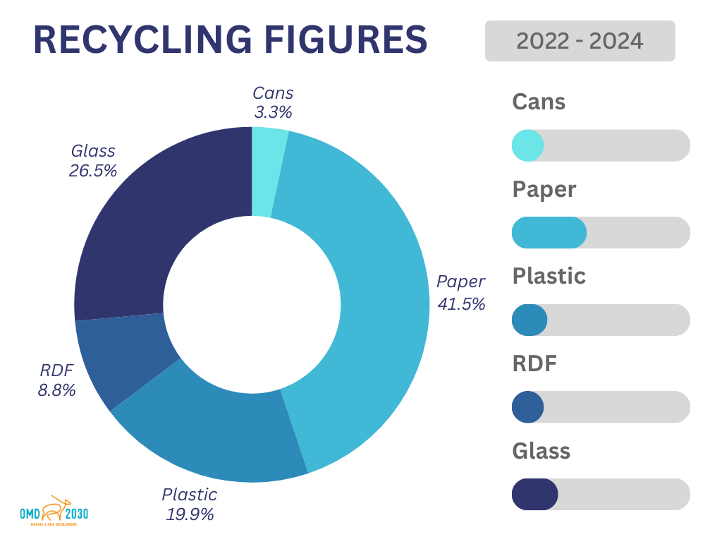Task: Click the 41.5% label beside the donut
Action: [461, 304]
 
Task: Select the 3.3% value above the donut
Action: [273, 112]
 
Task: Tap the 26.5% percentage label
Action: [93, 170]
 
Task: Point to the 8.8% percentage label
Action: [56, 390]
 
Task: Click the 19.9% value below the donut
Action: [190, 514]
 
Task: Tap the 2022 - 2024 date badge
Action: [580, 41]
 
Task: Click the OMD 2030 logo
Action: [54, 512]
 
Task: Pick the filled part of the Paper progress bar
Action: [549, 232]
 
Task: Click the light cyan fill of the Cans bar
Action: [527, 145]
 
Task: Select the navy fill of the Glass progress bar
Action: [534, 494]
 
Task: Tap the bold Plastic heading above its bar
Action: [549, 275]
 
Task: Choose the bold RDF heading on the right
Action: [534, 363]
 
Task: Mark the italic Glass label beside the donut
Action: [93, 151]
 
